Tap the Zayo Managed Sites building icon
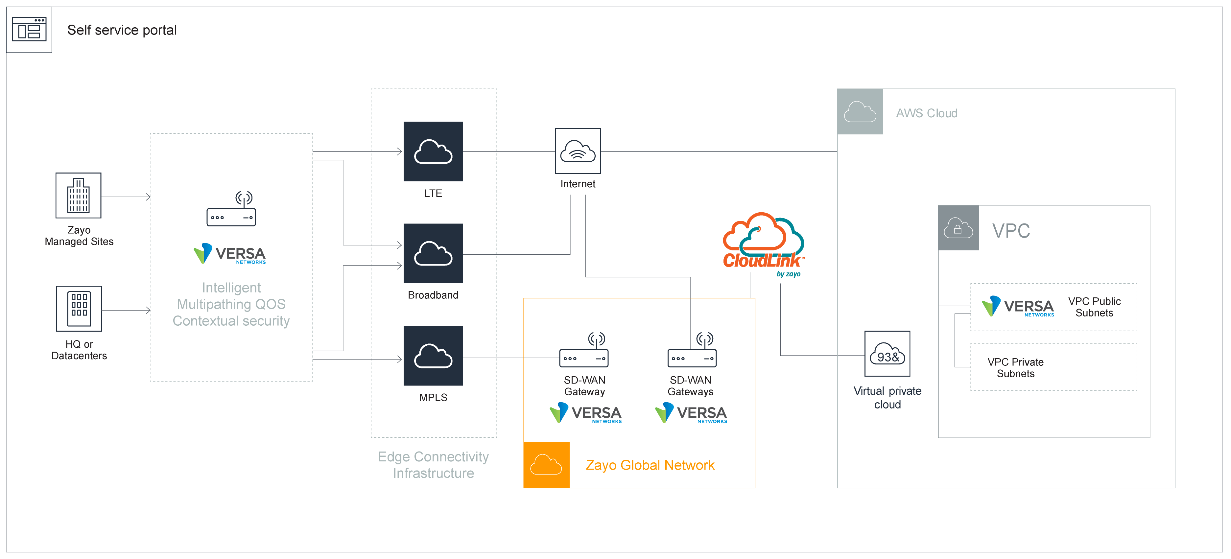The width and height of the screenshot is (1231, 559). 78,196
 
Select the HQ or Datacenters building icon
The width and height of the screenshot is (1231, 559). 79,309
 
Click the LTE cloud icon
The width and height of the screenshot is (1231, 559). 433,151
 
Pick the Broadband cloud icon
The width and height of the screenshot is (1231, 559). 433,254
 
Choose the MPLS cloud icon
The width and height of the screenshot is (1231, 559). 433,356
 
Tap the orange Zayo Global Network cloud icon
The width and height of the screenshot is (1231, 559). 546,465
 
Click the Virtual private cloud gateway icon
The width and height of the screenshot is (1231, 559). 888,354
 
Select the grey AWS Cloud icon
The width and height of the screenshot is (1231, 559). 860,111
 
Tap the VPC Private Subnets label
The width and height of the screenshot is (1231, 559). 1015,368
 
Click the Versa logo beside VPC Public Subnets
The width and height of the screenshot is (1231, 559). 1018,307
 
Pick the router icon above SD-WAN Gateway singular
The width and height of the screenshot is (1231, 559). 584,351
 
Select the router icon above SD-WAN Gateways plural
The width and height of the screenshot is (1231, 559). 692,351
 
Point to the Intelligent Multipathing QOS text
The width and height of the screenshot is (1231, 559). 231,304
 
